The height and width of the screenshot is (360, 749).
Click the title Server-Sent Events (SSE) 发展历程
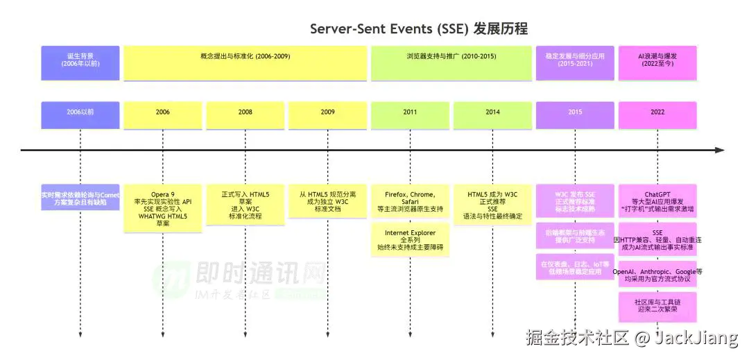click(x=419, y=28)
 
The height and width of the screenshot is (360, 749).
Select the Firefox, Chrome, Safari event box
click(x=410, y=200)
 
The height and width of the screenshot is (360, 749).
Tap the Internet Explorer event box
click(x=410, y=239)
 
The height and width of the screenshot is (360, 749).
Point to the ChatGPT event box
click(x=657, y=200)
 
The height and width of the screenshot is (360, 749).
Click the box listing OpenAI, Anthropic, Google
click(x=657, y=275)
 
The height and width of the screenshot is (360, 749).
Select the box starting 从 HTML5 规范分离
click(x=327, y=200)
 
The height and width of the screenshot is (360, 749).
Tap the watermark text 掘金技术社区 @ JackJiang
click(x=632, y=338)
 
